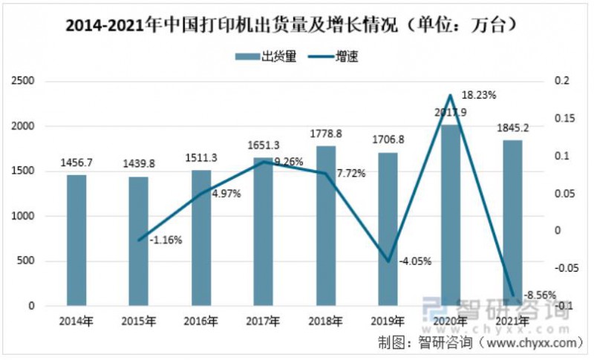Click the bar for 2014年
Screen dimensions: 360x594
click(x=76, y=240)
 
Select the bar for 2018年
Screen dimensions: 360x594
click(x=326, y=226)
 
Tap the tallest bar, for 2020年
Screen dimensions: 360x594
click(x=450, y=215)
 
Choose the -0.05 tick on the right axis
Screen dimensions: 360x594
click(x=561, y=269)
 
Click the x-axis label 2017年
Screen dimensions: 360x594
click(x=264, y=321)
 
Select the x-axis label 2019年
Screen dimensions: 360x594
click(x=388, y=321)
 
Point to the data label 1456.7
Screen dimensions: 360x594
click(x=76, y=162)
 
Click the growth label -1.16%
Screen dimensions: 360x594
click(x=166, y=240)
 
